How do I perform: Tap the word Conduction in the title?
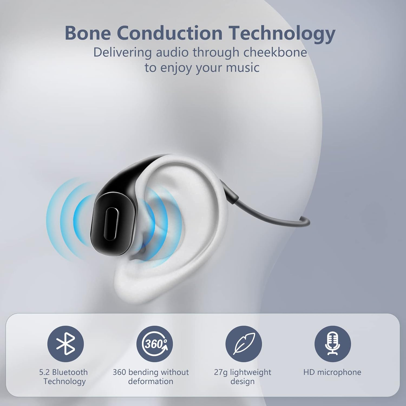(170, 33)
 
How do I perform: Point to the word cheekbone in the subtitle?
(275, 53)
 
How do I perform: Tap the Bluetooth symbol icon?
(66, 344)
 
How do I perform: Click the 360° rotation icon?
(154, 344)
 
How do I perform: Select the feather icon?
(244, 344)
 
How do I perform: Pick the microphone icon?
(332, 344)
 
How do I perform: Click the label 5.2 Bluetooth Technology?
(64, 377)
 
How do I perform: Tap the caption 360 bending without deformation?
(151, 377)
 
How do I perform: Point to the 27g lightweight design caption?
(243, 377)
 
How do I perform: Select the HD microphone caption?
(332, 372)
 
